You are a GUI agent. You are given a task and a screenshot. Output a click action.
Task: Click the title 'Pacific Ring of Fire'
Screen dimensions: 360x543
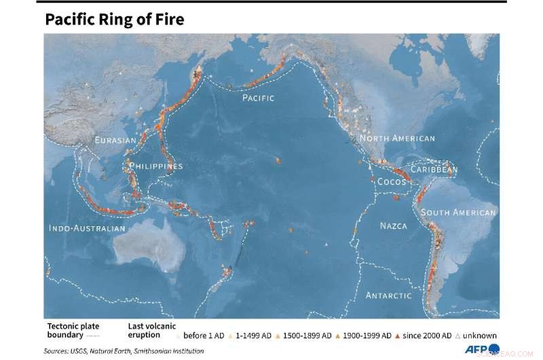pyautogui.click(x=114, y=20)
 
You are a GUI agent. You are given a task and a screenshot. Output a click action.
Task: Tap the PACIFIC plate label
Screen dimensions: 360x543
pyautogui.click(x=259, y=98)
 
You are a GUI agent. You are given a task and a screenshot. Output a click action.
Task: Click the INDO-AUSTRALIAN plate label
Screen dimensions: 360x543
pyautogui.click(x=87, y=228)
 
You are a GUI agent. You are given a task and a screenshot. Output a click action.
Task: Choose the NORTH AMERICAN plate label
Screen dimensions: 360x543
pyautogui.click(x=397, y=139)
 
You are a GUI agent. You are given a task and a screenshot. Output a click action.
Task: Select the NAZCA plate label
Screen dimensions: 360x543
pyautogui.click(x=393, y=226)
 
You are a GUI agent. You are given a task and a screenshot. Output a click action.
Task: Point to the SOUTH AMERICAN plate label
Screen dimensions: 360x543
pyautogui.click(x=458, y=213)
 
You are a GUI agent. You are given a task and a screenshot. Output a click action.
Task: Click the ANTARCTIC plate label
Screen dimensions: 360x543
pyautogui.click(x=389, y=295)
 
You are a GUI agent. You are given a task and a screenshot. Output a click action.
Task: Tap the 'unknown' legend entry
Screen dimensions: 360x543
pyautogui.click(x=481, y=336)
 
